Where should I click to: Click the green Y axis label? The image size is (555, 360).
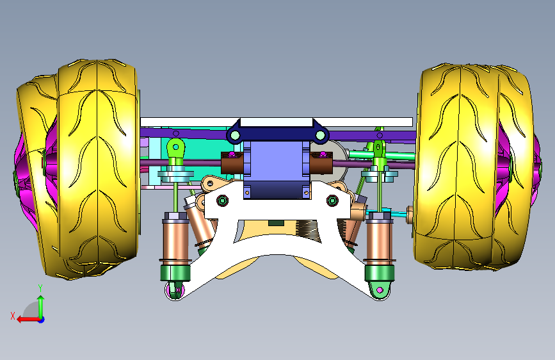click(40, 288)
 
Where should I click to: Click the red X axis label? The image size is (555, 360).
click(13, 316)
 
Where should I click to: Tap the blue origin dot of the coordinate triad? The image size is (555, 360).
click(42, 320)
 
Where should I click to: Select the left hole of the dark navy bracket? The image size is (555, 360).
click(234, 135)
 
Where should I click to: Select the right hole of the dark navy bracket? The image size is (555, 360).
click(320, 135)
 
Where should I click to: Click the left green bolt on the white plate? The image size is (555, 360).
click(222, 201)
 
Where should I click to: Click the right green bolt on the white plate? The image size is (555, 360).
click(332, 201)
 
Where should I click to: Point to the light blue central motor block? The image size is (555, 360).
click(277, 169)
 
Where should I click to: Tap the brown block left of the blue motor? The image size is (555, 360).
click(232, 163)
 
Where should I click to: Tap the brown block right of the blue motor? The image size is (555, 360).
click(321, 163)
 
